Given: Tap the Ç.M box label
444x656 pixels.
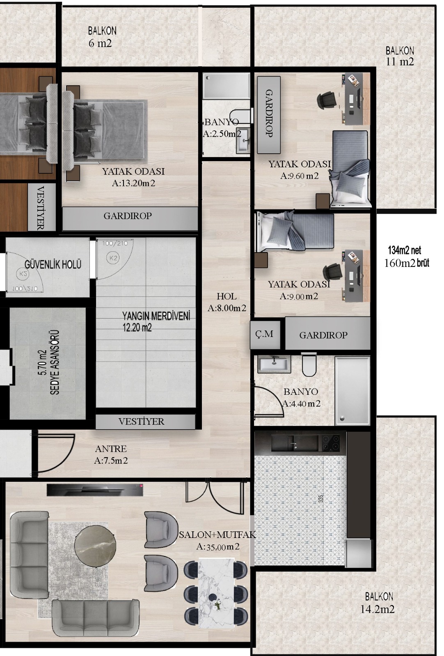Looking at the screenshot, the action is click(264, 334).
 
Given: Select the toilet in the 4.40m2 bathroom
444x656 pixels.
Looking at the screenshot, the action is click(309, 365).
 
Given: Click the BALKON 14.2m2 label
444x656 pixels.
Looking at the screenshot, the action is click(378, 603).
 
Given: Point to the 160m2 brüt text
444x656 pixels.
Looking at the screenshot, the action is click(407, 263).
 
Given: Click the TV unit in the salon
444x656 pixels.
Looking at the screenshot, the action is click(95, 490).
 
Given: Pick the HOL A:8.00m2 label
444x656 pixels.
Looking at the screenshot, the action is click(227, 302).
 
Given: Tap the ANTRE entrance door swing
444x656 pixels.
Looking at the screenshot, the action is click(56, 453).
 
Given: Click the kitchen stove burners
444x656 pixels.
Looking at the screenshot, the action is click(331, 443).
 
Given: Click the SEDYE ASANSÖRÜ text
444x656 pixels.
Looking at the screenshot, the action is click(55, 362).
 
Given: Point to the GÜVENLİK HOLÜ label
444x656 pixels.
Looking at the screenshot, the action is click(53, 264).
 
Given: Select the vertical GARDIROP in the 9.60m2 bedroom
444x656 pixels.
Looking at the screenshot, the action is click(269, 115).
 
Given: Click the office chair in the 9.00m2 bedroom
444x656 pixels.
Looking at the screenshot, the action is click(333, 272).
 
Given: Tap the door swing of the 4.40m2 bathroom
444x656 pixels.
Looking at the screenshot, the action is click(269, 401).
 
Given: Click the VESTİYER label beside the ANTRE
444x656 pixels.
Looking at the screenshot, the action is click(141, 421).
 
